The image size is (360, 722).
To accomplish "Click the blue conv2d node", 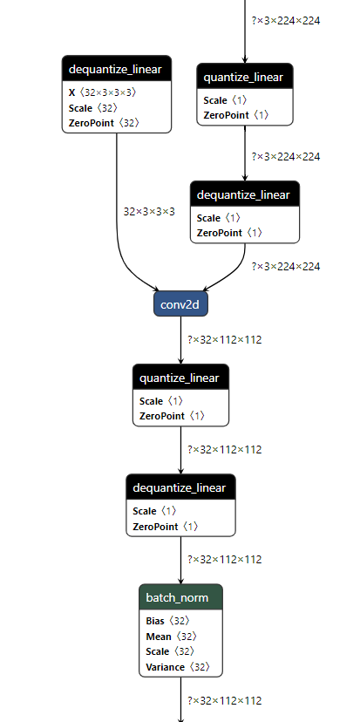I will [181, 304].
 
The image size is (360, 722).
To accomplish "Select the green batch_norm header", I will [180, 597].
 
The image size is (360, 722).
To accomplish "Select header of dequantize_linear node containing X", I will [116, 69].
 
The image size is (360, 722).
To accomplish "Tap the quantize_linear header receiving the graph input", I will [245, 78].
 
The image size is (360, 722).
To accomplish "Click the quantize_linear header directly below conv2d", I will [181, 378].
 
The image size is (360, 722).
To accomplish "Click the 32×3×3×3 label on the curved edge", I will [149, 211].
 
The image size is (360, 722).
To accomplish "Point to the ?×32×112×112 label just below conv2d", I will [225, 339].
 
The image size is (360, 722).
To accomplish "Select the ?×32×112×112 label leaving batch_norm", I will [225, 700].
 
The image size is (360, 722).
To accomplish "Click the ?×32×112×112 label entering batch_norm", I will [225, 559].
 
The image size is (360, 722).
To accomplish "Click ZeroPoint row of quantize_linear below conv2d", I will [172, 416].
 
